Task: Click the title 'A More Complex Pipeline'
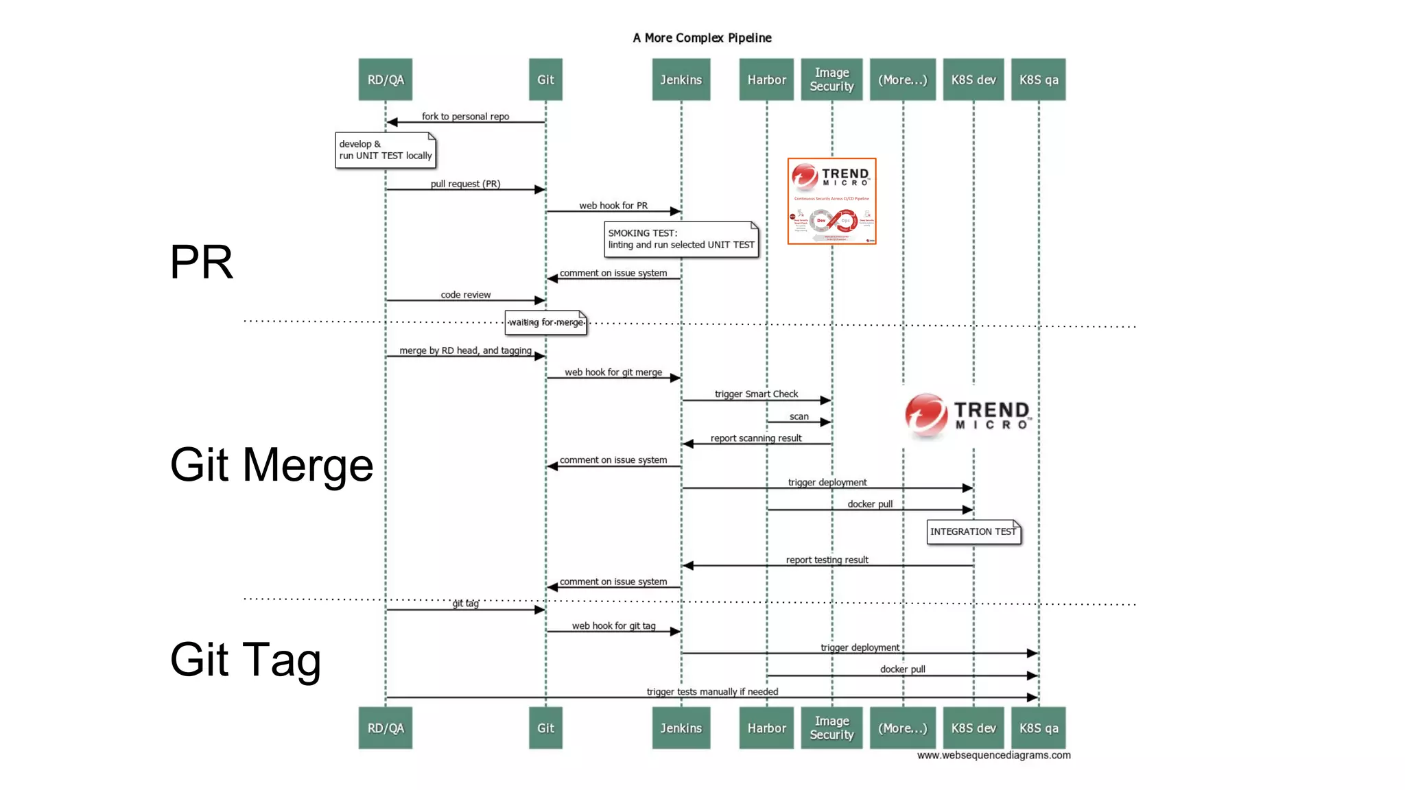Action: pos(702,38)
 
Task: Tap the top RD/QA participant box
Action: pos(385,80)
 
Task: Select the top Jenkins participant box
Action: pos(681,80)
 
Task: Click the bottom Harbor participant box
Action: pos(766,728)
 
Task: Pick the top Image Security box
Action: pos(831,80)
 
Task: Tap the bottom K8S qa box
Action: pos(1038,728)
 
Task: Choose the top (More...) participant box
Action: pos(902,80)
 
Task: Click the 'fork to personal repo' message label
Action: pos(465,116)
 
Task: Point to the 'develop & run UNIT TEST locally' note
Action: pos(386,150)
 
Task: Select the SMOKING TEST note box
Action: pos(681,239)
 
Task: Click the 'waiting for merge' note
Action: pos(545,322)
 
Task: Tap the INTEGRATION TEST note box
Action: pos(973,531)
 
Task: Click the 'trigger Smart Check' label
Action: pos(756,394)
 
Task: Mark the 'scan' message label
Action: pos(799,416)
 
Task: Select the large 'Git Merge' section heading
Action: pos(271,465)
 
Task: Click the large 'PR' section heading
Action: pos(201,262)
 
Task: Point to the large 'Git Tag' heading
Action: pos(245,659)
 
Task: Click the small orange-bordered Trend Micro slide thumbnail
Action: pos(831,201)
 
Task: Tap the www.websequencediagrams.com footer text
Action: pos(993,755)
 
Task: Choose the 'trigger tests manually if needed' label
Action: pos(712,691)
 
